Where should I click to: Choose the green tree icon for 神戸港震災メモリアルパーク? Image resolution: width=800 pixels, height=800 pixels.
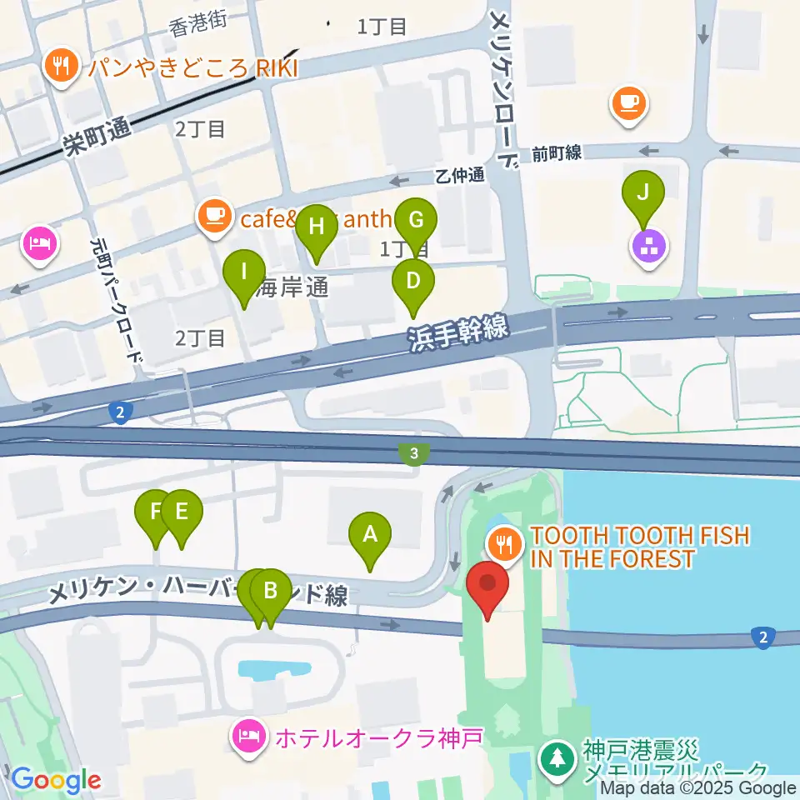(554, 758)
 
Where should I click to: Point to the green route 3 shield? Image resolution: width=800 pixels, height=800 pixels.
(413, 453)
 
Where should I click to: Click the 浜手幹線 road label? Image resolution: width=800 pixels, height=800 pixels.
(458, 332)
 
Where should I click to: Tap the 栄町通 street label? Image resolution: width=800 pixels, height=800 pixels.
(97, 136)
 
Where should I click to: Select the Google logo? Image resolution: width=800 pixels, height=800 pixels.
(56, 780)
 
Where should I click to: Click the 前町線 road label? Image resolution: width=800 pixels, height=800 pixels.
(557, 152)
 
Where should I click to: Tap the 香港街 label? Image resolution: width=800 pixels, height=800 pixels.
(198, 27)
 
